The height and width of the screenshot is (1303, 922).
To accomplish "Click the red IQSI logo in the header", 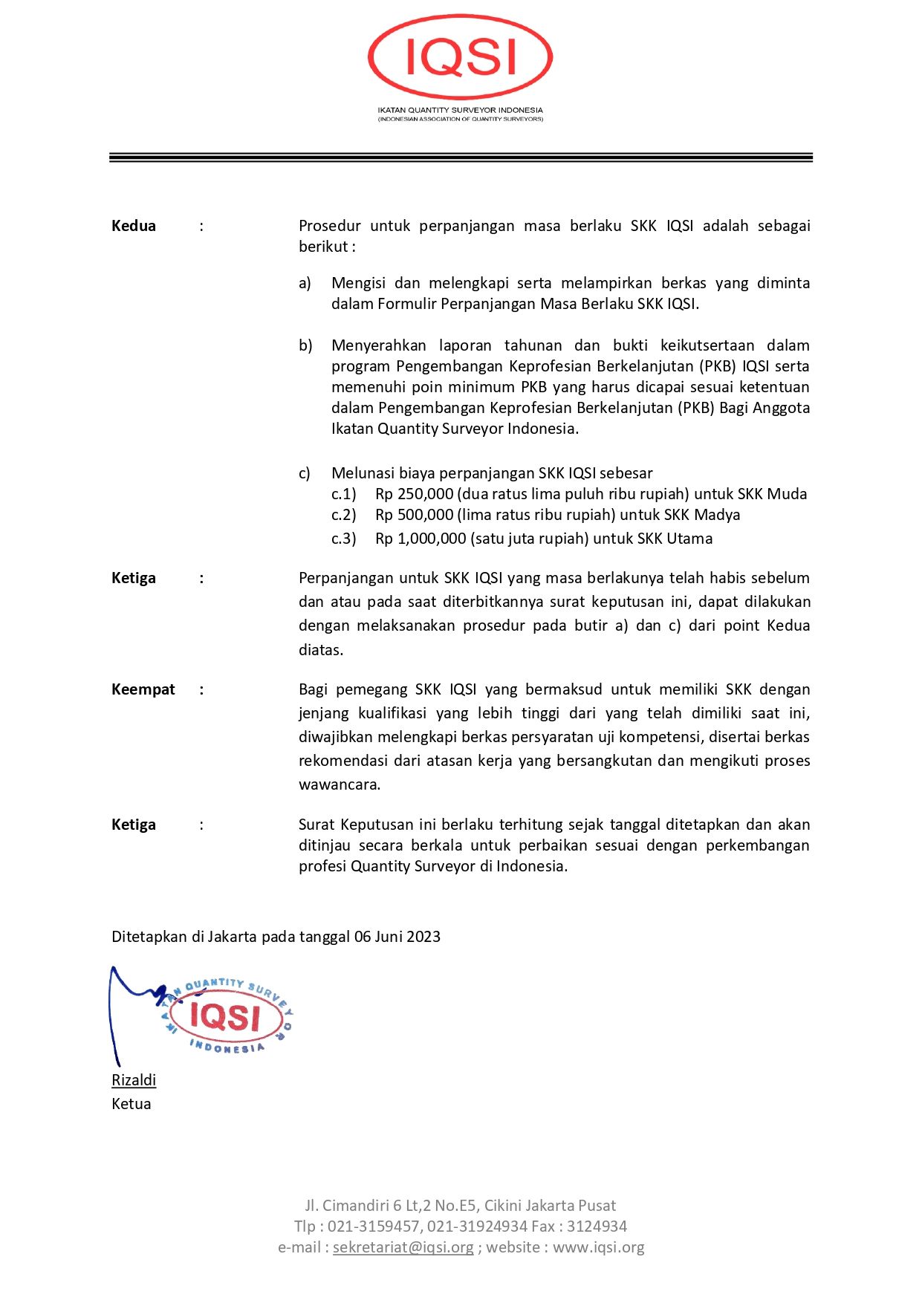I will tap(460, 58).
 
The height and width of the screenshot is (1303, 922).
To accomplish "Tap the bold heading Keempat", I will tap(143, 689).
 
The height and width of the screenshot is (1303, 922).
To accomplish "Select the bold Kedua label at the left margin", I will tap(134, 226).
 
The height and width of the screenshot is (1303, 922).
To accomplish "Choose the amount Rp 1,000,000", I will tap(421, 539).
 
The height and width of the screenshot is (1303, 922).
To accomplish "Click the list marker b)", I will tap(305, 345).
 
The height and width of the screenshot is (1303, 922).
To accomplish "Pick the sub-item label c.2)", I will tap(343, 515).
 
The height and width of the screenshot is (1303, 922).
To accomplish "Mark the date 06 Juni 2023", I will tap(397, 937).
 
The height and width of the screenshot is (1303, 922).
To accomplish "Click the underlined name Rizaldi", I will tap(134, 1080).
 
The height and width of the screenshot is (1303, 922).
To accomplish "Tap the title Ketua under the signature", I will tap(132, 1104).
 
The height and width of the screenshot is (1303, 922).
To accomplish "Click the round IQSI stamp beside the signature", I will tap(227, 1016).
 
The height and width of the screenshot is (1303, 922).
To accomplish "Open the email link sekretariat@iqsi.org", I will tap(403, 1247).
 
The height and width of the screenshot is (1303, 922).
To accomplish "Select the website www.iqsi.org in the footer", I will tap(598, 1247).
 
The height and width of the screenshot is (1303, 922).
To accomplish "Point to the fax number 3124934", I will tap(597, 1226).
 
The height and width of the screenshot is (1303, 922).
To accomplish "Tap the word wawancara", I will tap(339, 784).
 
